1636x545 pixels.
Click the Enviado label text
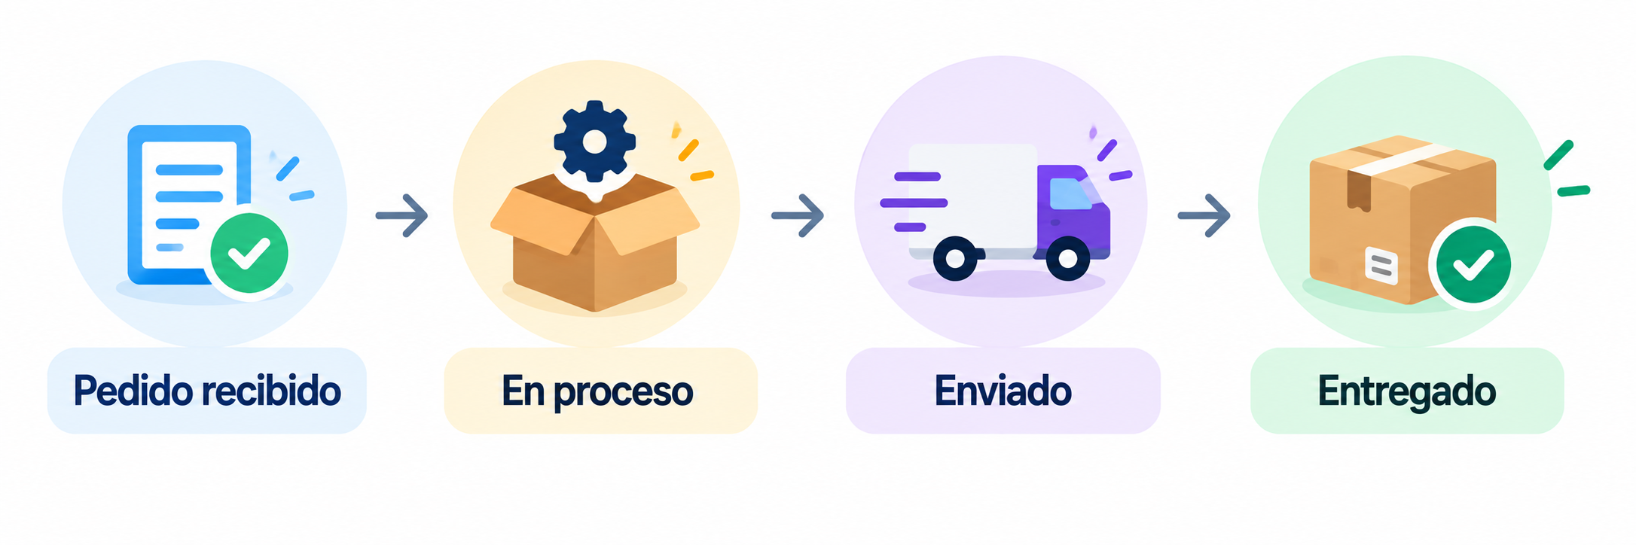click(x=1003, y=391)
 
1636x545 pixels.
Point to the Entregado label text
click(x=1406, y=392)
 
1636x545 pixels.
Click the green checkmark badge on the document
click(x=249, y=254)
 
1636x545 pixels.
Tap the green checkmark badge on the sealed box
click(x=1473, y=263)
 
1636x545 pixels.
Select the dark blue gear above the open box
click(x=594, y=141)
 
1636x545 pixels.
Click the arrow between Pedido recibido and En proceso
click(x=402, y=216)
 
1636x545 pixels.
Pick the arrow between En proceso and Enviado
click(x=798, y=216)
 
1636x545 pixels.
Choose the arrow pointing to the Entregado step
click(x=1204, y=216)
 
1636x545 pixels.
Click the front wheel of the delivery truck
click(x=1068, y=259)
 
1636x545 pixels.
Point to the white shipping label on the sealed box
click(x=1381, y=266)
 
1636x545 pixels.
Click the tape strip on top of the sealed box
click(x=1403, y=159)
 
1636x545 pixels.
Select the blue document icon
click(x=189, y=205)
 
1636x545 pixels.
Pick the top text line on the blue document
click(x=189, y=169)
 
